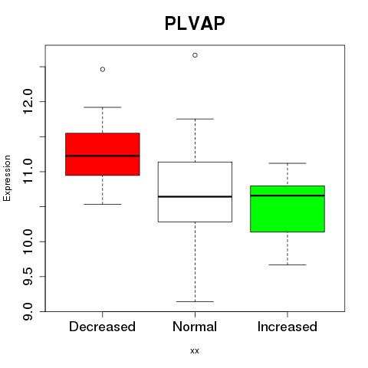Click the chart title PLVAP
195,24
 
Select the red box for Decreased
103,154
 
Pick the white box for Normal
195,192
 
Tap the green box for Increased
287,209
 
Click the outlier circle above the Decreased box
103,69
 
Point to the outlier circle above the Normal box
195,55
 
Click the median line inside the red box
103,156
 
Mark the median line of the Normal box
195,196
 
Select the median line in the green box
287,195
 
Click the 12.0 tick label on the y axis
28,101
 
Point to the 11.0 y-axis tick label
28,172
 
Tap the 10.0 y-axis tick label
28,242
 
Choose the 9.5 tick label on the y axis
28,277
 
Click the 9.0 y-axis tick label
28,311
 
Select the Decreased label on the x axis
102,327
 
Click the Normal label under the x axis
195,327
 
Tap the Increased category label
287,327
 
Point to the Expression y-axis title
7,178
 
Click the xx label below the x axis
195,351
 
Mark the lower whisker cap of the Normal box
195,301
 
